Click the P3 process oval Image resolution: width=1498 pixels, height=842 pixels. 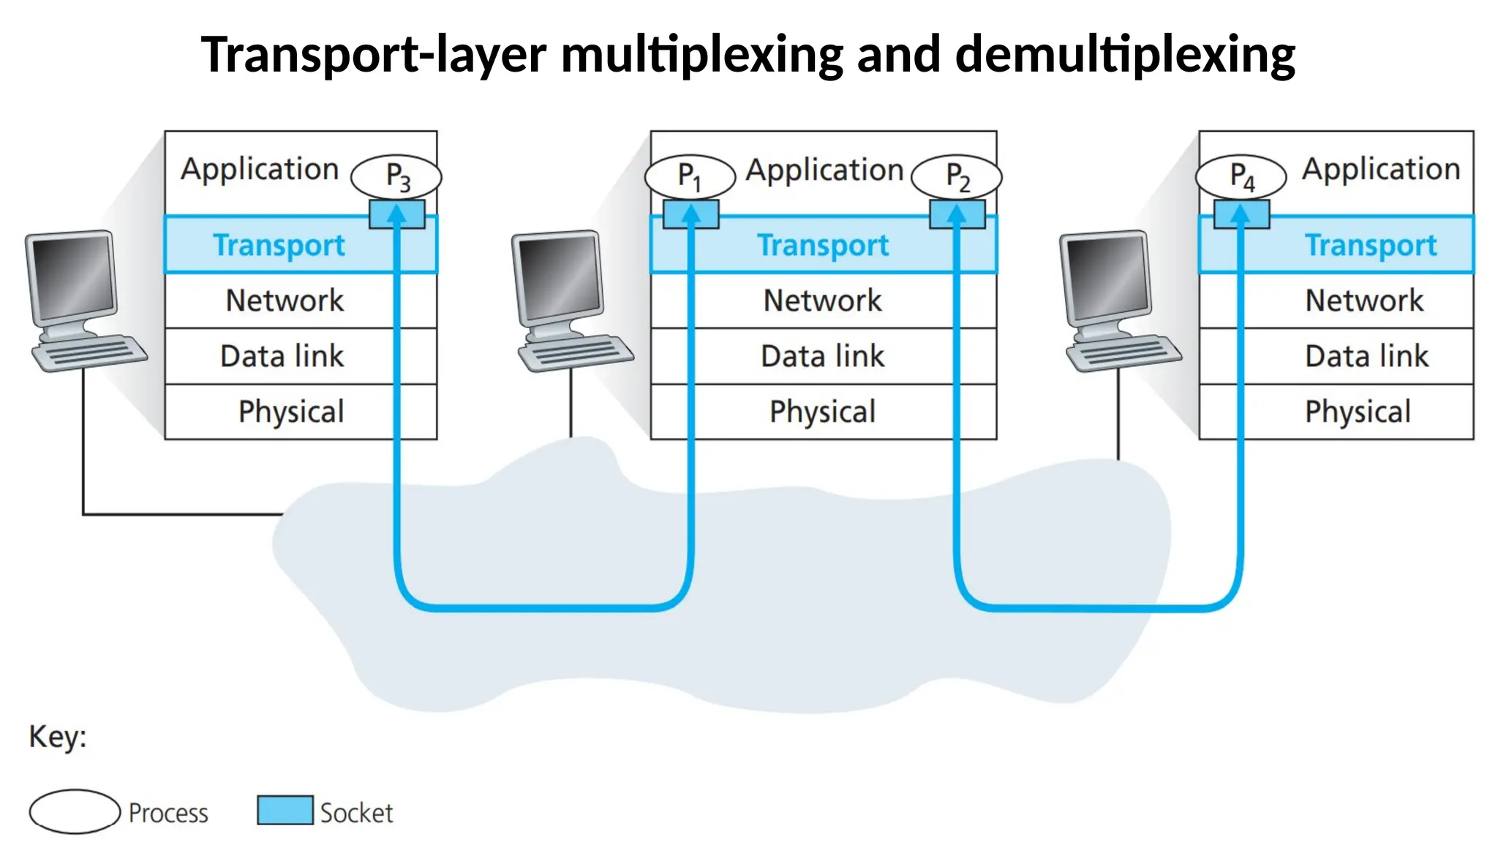(x=396, y=177)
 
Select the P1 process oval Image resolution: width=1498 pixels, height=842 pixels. (x=689, y=177)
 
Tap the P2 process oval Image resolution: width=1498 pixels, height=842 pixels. (x=957, y=177)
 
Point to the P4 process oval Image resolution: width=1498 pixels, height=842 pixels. (x=1241, y=177)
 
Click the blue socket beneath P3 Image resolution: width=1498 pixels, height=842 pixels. (x=396, y=215)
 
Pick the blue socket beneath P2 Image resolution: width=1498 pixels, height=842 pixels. (x=957, y=215)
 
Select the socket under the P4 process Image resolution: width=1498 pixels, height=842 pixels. (x=1241, y=215)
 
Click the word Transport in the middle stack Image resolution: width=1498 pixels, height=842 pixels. (x=823, y=246)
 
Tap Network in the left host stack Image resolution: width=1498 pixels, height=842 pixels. (x=285, y=300)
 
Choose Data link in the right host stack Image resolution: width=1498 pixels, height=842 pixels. (x=1366, y=357)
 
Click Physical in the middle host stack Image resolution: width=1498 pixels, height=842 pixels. (x=822, y=411)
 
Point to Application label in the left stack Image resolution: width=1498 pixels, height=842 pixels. (x=260, y=170)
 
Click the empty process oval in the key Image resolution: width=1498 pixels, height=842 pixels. (x=75, y=811)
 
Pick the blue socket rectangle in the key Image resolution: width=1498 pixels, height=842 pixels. (x=285, y=810)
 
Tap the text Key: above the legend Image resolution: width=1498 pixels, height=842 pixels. (x=58, y=737)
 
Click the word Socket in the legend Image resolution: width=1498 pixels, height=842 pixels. (x=356, y=813)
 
